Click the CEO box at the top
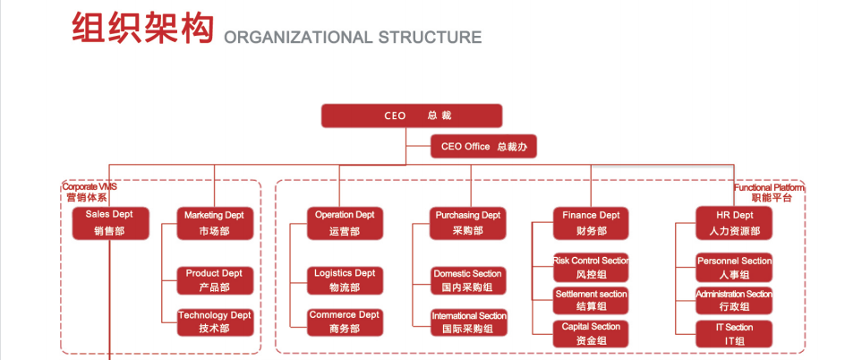coord(412,116)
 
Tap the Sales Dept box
coord(109,223)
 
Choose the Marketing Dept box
coord(214,223)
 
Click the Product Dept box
coord(214,280)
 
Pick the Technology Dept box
coord(214,321)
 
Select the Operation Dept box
coord(345,223)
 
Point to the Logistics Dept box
coord(345,280)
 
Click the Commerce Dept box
coord(345,321)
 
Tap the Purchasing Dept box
coord(467,223)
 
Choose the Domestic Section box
coord(467,280)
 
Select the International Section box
coord(468,322)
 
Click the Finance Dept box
coord(591,223)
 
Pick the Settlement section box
coord(591,300)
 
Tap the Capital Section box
coord(591,333)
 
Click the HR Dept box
coord(734,223)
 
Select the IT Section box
coord(734,334)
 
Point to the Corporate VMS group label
coord(90,192)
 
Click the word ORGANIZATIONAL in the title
coord(297,38)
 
